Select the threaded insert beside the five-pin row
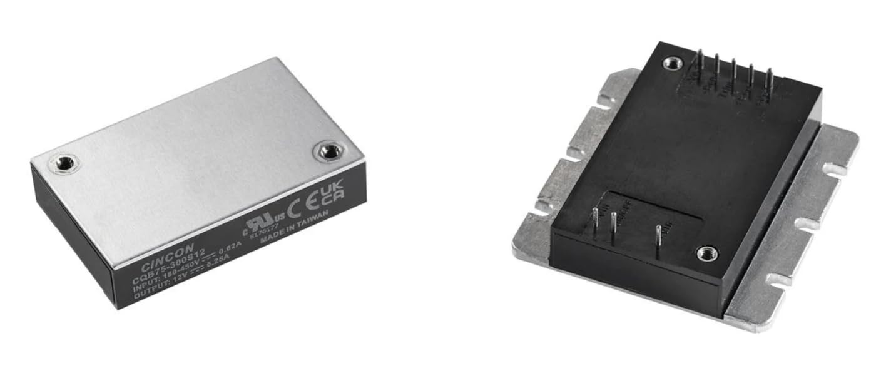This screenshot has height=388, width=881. [673, 63]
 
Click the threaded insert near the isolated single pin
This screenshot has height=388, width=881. [708, 253]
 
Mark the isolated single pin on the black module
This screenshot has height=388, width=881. [658, 237]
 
